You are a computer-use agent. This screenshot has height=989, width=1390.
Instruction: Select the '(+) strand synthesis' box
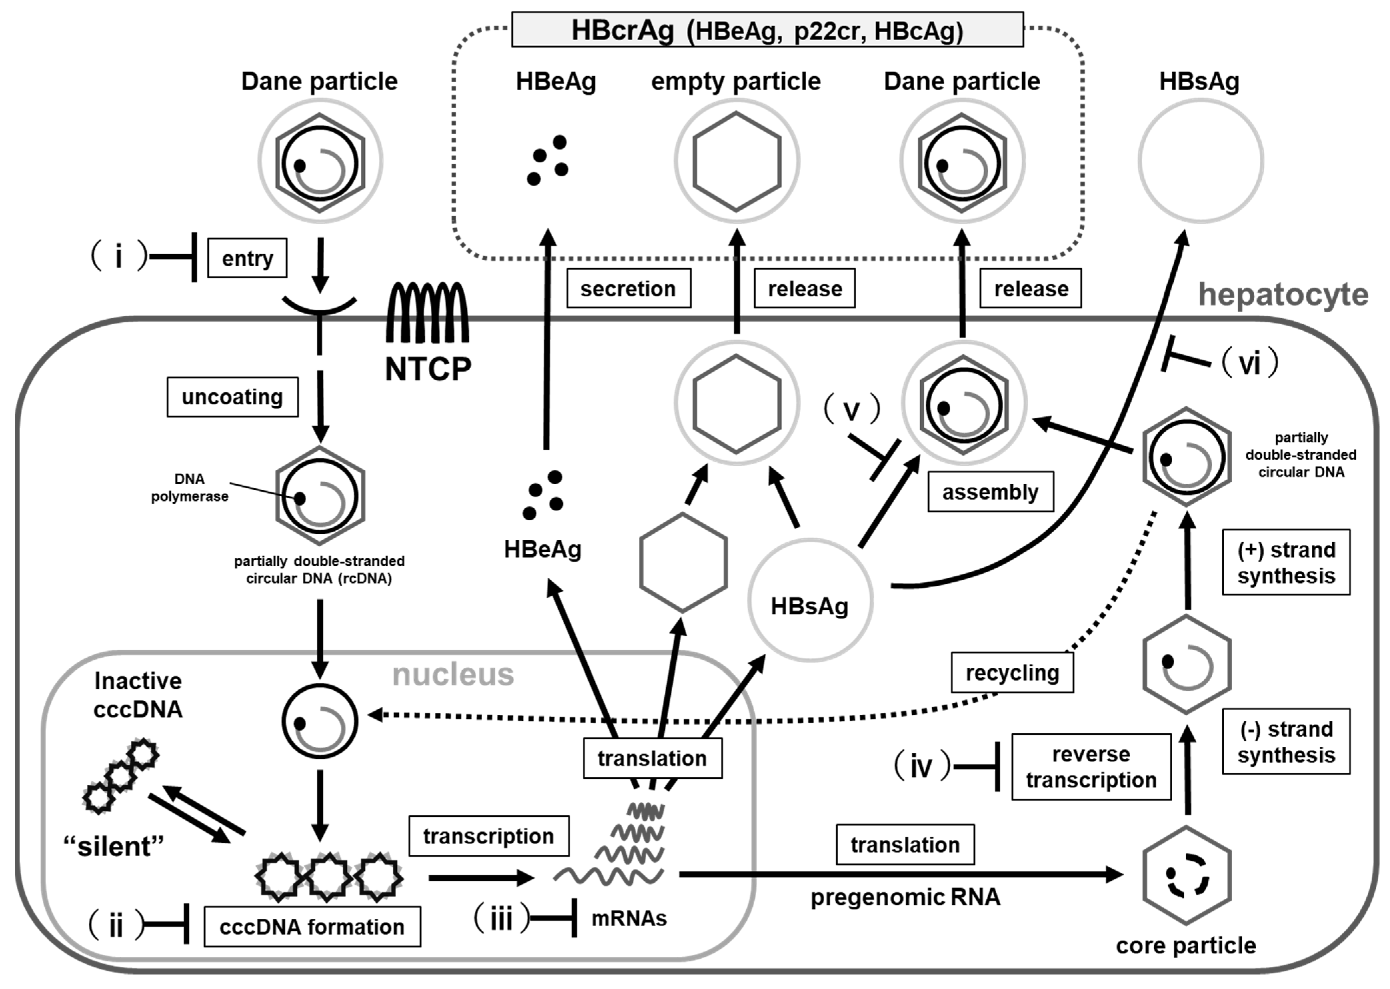[1286, 562]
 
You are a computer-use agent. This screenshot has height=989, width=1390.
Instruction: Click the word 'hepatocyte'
[1283, 295]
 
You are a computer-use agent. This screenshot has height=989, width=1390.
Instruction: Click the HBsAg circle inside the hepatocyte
[810, 600]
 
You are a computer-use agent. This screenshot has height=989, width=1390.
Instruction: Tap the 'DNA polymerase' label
[189, 488]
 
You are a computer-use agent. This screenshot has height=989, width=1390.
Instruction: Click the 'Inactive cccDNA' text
[138, 695]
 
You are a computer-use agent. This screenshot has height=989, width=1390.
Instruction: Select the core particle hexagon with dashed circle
[1186, 876]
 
